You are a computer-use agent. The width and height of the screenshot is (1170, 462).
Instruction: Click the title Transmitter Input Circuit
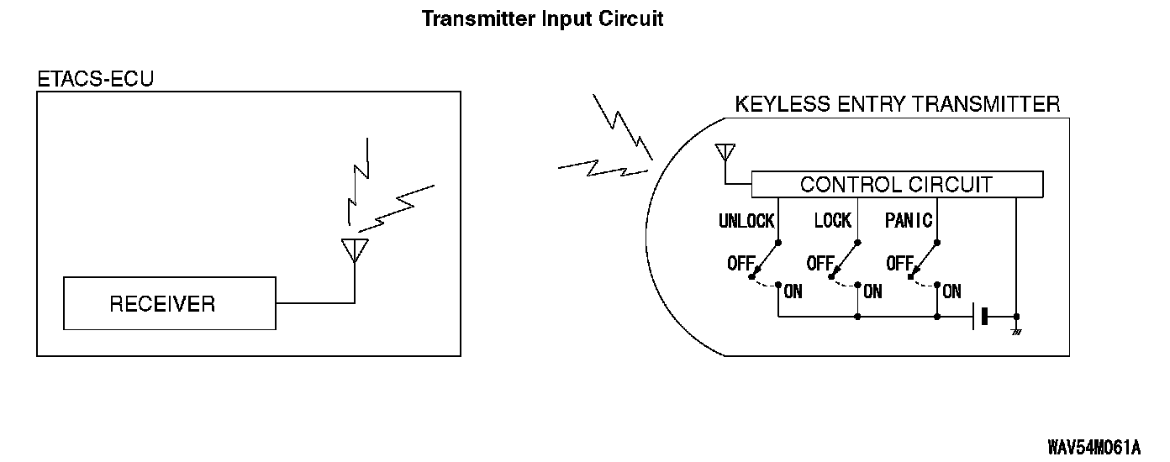click(x=542, y=18)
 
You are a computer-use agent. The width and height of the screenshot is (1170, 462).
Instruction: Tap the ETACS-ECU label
click(x=96, y=79)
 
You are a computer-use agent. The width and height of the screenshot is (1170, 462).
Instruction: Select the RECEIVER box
click(x=170, y=303)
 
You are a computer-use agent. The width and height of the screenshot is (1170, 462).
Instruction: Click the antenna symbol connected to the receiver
click(x=355, y=250)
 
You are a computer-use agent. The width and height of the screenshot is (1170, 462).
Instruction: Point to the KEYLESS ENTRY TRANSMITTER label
click(x=897, y=104)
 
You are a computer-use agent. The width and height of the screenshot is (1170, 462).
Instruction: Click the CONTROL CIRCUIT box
click(x=896, y=184)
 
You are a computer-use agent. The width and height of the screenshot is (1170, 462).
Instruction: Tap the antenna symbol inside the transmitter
click(x=725, y=154)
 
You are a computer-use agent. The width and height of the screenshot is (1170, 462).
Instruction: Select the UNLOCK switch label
click(x=746, y=221)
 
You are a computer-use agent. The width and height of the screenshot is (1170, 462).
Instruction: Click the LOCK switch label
click(x=832, y=221)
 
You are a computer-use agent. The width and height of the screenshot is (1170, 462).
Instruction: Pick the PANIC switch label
click(x=909, y=221)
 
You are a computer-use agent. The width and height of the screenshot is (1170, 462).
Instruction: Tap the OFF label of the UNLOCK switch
click(x=740, y=263)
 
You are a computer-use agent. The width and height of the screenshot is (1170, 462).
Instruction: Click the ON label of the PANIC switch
click(x=951, y=292)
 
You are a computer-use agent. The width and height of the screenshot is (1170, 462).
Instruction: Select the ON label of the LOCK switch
click(x=872, y=292)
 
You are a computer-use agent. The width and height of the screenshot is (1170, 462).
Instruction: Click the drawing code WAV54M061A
click(x=1094, y=445)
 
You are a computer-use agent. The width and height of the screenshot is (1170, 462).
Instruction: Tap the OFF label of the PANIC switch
click(x=899, y=263)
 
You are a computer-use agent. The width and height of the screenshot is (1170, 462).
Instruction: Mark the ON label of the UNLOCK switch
click(x=793, y=292)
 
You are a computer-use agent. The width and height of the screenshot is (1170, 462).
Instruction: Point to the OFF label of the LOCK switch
click(x=820, y=263)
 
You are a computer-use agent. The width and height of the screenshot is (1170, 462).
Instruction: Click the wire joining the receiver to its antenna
click(x=316, y=302)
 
